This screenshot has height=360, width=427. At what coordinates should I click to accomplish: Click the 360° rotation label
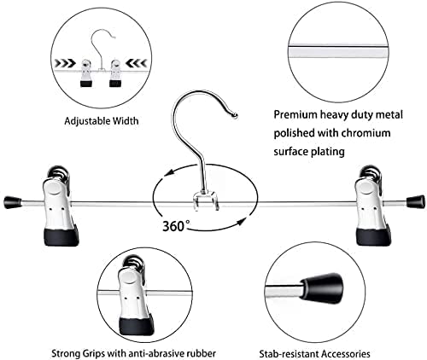176,226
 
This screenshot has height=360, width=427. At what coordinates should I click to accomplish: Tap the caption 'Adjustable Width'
102,121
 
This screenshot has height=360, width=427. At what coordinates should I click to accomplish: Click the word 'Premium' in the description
295,115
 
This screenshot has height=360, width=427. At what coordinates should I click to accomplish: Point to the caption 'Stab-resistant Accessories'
314,354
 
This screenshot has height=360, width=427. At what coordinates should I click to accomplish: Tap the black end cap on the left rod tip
13,202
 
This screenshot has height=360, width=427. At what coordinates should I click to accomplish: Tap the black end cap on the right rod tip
416,201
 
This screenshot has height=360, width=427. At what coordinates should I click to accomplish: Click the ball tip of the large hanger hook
235,115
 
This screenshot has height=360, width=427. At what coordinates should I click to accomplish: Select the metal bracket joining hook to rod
205,200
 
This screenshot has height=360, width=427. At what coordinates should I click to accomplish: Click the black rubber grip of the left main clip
61,235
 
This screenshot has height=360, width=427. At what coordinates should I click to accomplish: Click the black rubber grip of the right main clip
374,235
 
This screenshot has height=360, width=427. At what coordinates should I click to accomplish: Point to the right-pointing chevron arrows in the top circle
65,63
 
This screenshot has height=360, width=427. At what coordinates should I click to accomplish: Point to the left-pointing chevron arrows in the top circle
136,63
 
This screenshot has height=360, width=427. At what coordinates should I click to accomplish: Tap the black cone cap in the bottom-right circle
324,287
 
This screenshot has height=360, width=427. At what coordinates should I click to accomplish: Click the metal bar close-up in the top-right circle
338,52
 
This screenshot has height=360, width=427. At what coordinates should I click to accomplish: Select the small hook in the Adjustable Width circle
102,49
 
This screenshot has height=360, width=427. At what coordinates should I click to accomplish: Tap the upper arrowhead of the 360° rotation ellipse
170,172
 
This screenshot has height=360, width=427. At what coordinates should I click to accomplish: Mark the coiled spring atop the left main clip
58,174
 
